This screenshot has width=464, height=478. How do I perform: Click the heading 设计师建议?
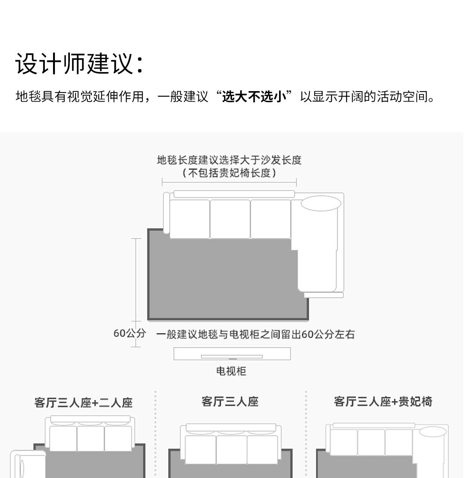point(79,63)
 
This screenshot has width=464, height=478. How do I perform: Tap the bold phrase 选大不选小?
point(254,96)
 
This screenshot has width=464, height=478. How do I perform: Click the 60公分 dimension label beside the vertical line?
point(129,333)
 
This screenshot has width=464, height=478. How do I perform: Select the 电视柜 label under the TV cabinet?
point(231,371)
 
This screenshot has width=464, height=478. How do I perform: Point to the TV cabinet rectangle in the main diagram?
point(232,354)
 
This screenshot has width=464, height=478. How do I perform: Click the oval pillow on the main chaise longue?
point(321,204)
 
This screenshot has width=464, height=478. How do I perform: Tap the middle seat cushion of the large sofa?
point(230,219)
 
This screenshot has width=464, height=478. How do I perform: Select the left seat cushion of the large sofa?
point(190,219)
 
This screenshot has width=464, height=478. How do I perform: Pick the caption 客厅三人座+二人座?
point(83,403)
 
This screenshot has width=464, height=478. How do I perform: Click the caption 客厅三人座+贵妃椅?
point(383,401)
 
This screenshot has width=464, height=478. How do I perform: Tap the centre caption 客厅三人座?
point(230,401)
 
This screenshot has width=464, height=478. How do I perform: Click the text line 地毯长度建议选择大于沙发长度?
point(229,160)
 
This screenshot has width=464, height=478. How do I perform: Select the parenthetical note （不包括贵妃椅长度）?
point(229,173)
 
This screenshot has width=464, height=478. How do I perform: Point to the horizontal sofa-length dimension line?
point(229,183)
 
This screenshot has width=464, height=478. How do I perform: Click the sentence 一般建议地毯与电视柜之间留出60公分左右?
point(255,334)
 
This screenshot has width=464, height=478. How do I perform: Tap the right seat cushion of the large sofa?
point(270,219)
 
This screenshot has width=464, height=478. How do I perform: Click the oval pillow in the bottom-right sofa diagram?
point(433,432)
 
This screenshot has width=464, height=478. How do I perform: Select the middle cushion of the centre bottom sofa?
point(231,450)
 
